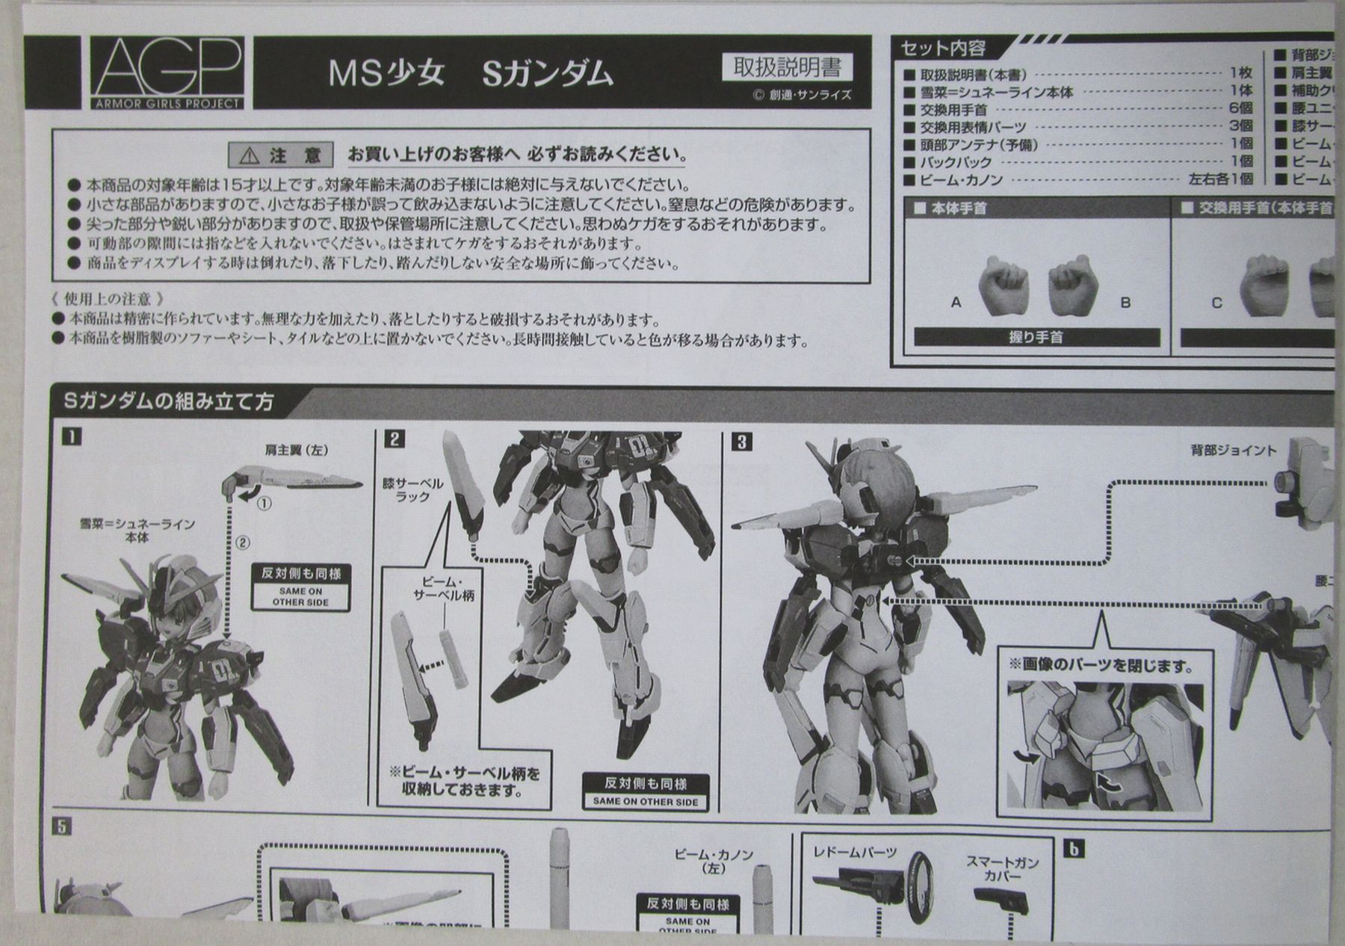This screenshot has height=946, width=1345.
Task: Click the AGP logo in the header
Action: tap(168, 72)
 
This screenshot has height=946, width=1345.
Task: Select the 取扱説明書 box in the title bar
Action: tap(788, 68)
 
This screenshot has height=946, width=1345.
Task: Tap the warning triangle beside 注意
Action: tap(250, 156)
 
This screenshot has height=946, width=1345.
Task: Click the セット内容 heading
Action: tap(943, 49)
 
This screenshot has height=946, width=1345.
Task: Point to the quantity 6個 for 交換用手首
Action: tap(1240, 108)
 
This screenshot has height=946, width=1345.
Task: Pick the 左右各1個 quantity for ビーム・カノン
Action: tap(1220, 179)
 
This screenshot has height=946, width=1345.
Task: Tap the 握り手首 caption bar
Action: tap(1036, 338)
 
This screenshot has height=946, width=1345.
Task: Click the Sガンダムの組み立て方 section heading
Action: tap(169, 402)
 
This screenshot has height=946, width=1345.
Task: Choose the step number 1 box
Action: tap(72, 436)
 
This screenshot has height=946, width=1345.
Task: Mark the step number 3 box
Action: tap(741, 442)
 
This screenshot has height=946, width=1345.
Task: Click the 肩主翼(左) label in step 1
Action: tap(297, 450)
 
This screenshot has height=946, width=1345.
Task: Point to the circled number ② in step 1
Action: tap(242, 543)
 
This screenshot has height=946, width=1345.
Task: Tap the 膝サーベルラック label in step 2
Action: tap(412, 490)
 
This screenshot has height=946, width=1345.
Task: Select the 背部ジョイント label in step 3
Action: tap(1234, 450)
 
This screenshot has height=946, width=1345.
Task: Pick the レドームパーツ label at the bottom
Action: tap(855, 852)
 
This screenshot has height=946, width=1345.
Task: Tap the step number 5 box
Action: tap(63, 827)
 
